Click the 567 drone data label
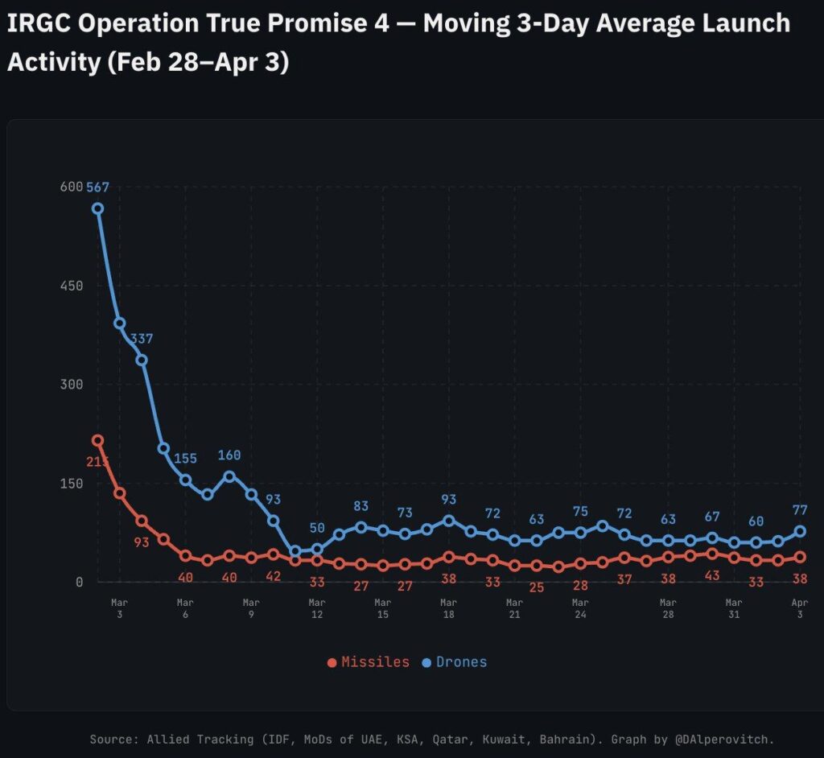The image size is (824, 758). coord(97,187)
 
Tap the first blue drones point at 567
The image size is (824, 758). coord(97,208)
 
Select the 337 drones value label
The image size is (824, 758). coord(142,339)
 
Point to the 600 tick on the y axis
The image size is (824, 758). coord(72,187)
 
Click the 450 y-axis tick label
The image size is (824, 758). coord(72,286)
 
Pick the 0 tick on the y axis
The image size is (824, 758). coord(79,582)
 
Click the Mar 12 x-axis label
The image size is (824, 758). coord(317,608)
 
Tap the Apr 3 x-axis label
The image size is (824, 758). coord(800,608)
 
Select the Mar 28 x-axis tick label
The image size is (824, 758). coord(668,608)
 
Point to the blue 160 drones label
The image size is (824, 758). coord(229,455)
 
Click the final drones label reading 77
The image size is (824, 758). coord(800,509)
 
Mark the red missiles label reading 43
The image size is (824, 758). coord(712,576)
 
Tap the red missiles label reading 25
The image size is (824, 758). coord(537,587)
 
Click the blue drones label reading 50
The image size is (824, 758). coord(317,528)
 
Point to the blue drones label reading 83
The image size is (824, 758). coord(361,506)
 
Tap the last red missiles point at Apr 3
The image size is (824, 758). coord(800,557)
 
